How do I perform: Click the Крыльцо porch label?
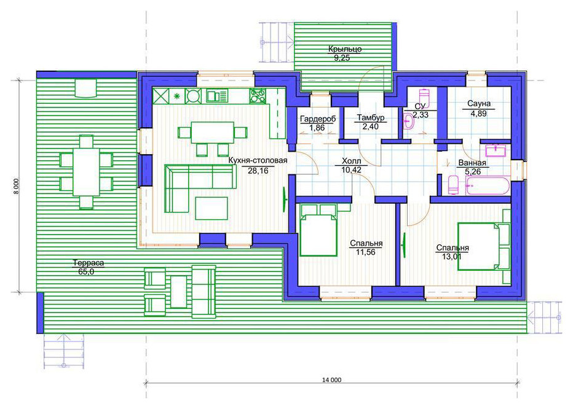point(345,49)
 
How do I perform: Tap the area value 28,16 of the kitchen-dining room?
point(258,170)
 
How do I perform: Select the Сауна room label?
point(479,104)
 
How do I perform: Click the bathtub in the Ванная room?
point(487,185)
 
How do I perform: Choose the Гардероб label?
point(318,119)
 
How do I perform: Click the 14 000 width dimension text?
point(331,380)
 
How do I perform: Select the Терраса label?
point(89,263)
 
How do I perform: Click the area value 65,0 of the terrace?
point(86,271)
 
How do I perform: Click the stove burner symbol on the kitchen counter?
point(193,96)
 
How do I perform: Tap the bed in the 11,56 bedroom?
point(318,230)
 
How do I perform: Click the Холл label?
point(352,161)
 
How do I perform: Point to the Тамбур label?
point(371,118)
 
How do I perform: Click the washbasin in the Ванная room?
point(496,150)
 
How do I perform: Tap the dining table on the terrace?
point(86,171)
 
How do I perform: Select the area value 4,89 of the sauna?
point(478,113)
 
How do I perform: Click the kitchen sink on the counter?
point(217,96)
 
